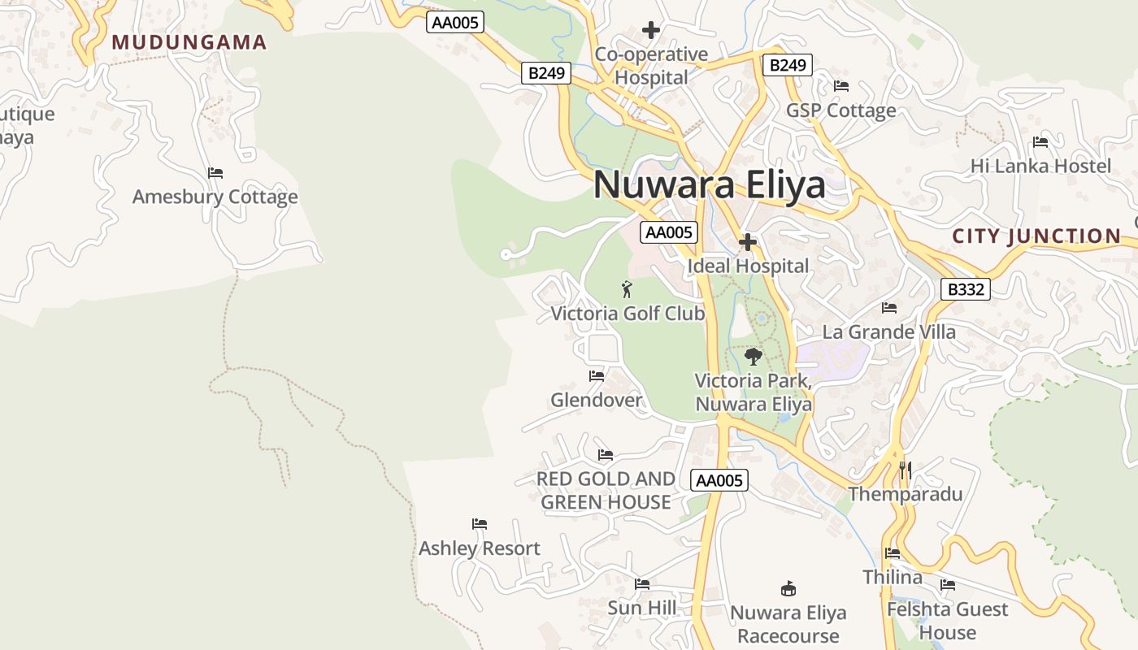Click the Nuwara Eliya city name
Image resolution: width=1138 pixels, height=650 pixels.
tap(709, 185)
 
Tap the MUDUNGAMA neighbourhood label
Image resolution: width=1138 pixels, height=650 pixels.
tap(189, 42)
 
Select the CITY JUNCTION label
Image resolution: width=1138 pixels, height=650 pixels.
tap(1036, 236)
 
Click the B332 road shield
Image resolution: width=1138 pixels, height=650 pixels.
tap(966, 289)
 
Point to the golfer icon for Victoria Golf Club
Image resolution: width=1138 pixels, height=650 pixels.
tap(627, 289)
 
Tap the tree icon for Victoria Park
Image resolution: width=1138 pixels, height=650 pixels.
tap(754, 356)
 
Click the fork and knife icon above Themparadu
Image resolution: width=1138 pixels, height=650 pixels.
tap(906, 470)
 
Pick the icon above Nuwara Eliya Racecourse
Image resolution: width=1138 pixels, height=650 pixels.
tap(788, 588)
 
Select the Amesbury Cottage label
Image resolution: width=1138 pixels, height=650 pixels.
tap(215, 197)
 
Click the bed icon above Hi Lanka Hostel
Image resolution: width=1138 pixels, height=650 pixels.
tap(1040, 142)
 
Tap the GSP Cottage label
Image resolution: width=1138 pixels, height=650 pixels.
tap(840, 110)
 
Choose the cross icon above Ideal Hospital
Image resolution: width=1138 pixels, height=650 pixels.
tap(748, 242)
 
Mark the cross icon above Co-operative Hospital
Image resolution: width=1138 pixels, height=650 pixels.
tap(650, 31)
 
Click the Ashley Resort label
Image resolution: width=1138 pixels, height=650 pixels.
tap(480, 548)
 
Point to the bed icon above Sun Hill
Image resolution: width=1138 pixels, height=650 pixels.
tap(642, 583)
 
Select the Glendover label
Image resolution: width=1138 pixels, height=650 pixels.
tap(597, 400)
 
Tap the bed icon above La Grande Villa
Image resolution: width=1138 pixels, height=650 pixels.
tap(889, 308)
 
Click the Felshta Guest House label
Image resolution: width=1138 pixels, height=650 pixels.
tap(947, 620)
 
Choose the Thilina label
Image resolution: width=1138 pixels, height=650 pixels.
tap(893, 578)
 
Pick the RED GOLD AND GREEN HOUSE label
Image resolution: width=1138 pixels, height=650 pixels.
tap(606, 491)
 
